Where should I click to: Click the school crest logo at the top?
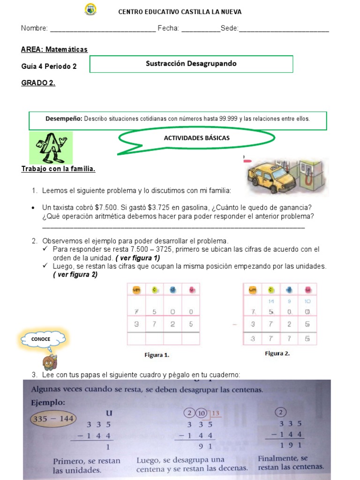tap(90, 10)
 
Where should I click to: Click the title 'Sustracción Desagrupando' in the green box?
tap(191, 64)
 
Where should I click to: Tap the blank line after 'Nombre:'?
tap(103, 29)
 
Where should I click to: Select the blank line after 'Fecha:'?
tap(200, 29)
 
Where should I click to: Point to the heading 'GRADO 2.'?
tap(38, 83)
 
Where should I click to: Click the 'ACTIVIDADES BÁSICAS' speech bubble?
tap(196, 138)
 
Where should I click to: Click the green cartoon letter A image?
tap(51, 147)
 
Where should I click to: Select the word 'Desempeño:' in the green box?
tap(64, 119)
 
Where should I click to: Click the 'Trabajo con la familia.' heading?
tap(59, 169)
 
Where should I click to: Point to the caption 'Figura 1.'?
tap(157, 355)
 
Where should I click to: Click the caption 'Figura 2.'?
tap(277, 353)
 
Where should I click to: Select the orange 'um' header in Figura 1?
tap(136, 290)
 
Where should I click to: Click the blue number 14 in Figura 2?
tap(270, 302)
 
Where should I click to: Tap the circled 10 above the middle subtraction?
tap(201, 413)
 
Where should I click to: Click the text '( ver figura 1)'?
tap(137, 258)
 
